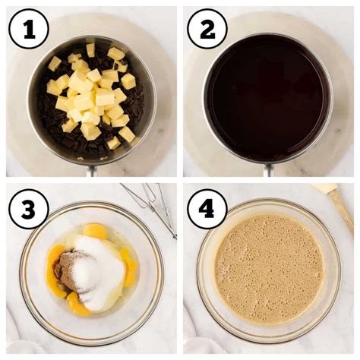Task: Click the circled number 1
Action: click(x=29, y=29)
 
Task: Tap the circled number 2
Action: click(x=207, y=29)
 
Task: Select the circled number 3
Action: click(x=29, y=209)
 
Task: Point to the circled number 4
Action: click(x=207, y=209)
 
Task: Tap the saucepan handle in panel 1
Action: click(x=92, y=170)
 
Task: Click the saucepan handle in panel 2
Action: click(x=269, y=170)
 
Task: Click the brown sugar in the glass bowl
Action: click(x=68, y=272)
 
